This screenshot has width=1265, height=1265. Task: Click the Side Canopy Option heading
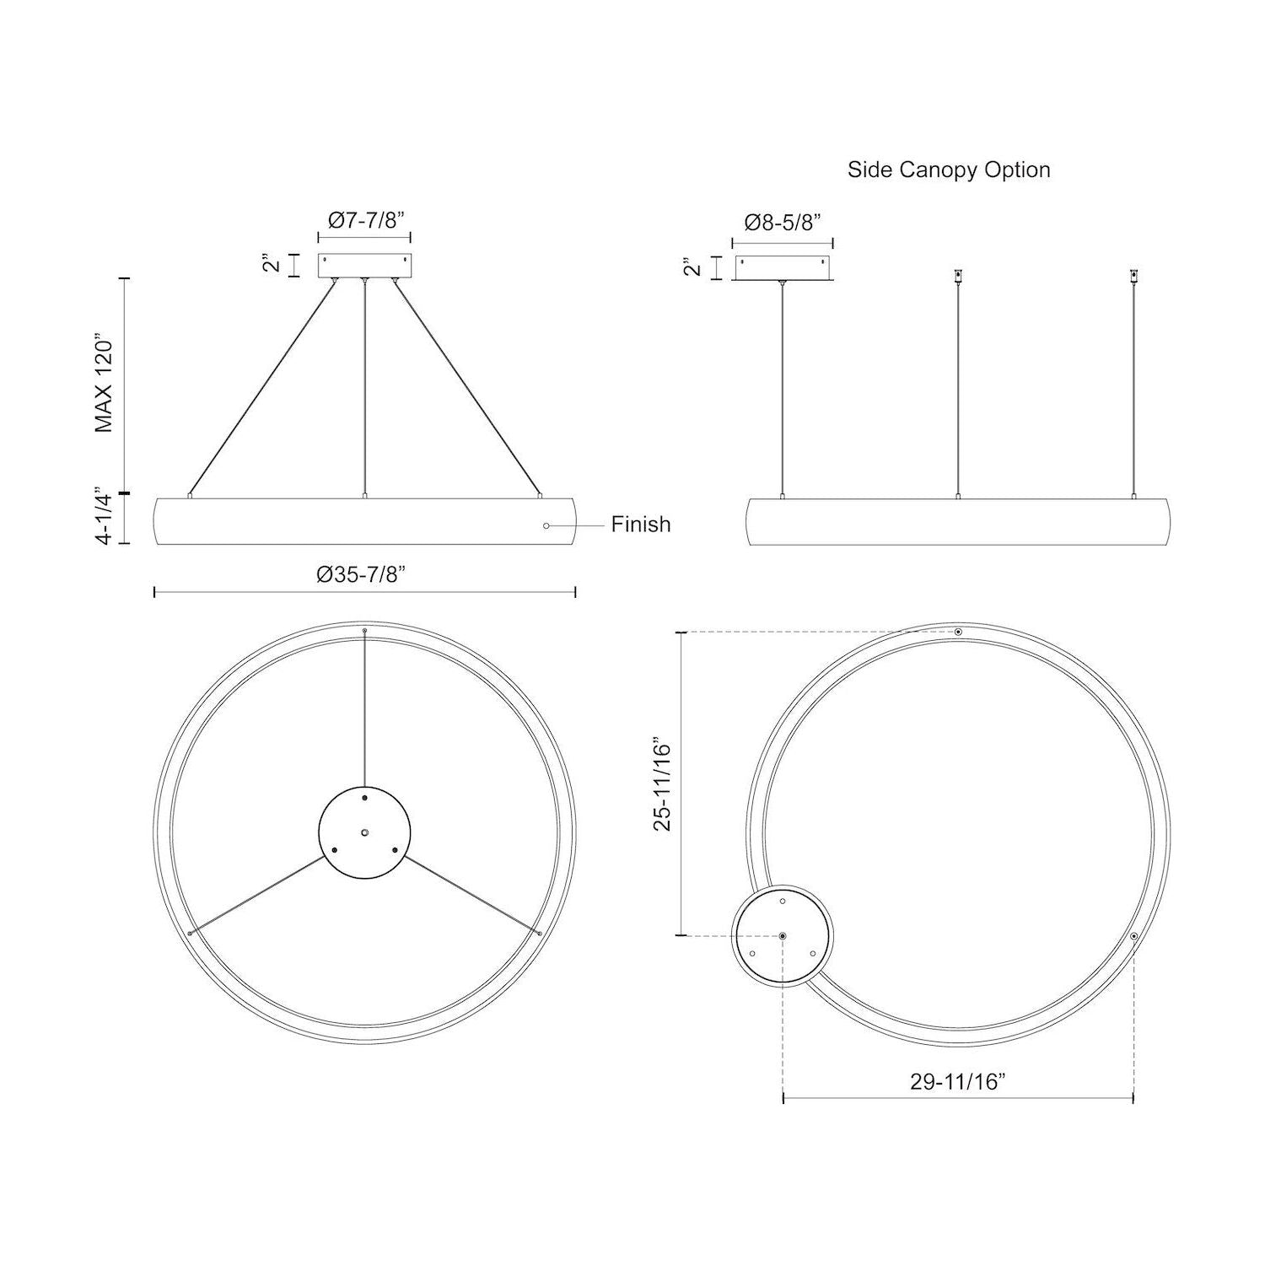(x=948, y=170)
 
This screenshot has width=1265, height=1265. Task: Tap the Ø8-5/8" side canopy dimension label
(x=783, y=223)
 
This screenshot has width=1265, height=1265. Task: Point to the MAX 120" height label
(x=104, y=386)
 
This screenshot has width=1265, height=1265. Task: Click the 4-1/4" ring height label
(x=104, y=515)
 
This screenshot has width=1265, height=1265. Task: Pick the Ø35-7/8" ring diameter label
(x=362, y=574)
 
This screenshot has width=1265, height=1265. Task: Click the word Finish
(x=641, y=525)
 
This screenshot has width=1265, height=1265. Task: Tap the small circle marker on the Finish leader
(x=546, y=525)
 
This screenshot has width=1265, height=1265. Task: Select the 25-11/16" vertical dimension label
(x=663, y=786)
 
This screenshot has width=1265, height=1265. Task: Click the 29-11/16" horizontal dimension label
(x=959, y=1082)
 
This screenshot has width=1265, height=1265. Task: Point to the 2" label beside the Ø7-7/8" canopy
(x=271, y=263)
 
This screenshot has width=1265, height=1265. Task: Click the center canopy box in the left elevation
(x=364, y=266)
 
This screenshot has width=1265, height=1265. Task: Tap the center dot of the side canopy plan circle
(x=783, y=936)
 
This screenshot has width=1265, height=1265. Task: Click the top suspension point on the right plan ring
(x=958, y=632)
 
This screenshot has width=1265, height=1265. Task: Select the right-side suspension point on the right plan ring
(x=1133, y=936)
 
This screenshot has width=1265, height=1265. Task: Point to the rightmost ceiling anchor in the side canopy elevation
(x=1133, y=276)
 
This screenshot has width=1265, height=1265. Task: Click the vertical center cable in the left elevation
(x=364, y=388)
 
